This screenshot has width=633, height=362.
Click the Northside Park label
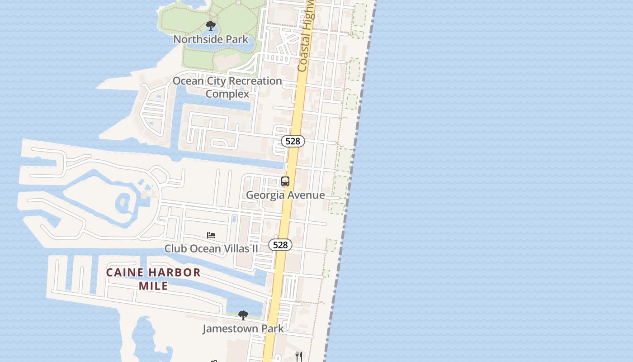211,39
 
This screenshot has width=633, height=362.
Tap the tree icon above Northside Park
210,25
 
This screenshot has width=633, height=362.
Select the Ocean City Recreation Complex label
227,87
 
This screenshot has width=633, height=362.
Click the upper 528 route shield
293,141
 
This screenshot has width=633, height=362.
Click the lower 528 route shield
280,245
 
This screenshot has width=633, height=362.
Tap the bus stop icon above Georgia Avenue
285,181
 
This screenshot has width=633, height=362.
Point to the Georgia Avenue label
285,195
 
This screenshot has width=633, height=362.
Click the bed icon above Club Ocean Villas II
211,235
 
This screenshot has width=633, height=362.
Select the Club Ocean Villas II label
211,248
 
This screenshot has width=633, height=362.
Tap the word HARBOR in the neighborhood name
175,272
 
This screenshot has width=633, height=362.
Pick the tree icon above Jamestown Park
243,315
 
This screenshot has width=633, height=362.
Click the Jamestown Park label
243,329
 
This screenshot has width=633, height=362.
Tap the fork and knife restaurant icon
298,356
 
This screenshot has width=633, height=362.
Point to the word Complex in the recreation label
227,94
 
